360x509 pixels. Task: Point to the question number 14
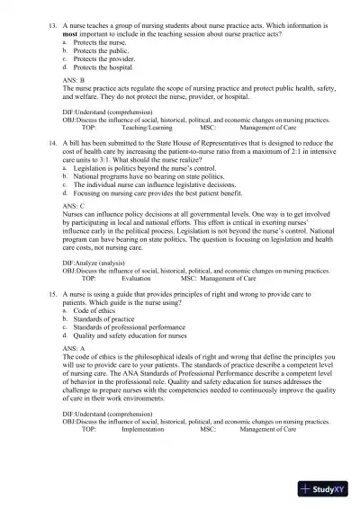point(52,142)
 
